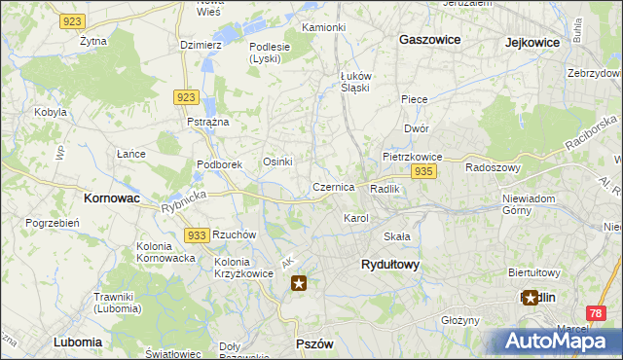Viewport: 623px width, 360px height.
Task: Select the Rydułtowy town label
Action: tap(389, 264)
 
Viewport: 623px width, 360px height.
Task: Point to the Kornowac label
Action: tap(108, 198)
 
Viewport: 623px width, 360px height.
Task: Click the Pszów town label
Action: tap(314, 344)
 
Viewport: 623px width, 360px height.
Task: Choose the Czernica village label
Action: tap(333, 187)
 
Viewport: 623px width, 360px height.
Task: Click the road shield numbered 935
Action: tap(422, 171)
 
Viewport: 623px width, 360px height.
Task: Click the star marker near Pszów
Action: tap(300, 283)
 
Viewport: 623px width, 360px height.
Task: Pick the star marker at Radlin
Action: tap(531, 298)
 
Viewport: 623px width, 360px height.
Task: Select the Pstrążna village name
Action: tap(207, 122)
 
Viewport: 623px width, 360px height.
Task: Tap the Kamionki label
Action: tap(323, 27)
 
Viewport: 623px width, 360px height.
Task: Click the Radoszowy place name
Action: tap(494, 166)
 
